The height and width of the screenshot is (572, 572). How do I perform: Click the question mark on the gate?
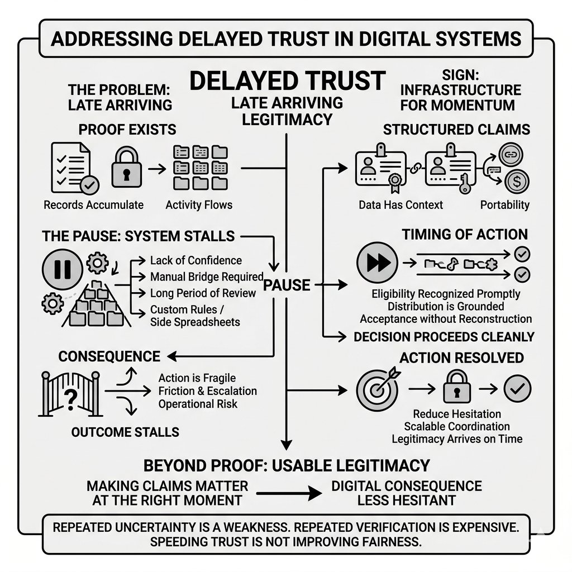(x=71, y=399)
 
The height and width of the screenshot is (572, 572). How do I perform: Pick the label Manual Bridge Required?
(x=207, y=277)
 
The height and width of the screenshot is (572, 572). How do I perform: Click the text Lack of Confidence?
(x=196, y=260)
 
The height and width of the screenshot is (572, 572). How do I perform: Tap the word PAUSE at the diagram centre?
(x=287, y=285)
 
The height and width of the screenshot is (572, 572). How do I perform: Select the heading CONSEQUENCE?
(x=109, y=356)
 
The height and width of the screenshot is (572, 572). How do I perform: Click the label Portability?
(x=504, y=205)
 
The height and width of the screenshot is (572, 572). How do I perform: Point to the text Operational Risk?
(x=198, y=404)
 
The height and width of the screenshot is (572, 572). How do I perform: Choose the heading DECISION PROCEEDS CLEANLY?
(x=444, y=337)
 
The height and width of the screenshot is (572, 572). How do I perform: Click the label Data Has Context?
(x=401, y=205)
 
